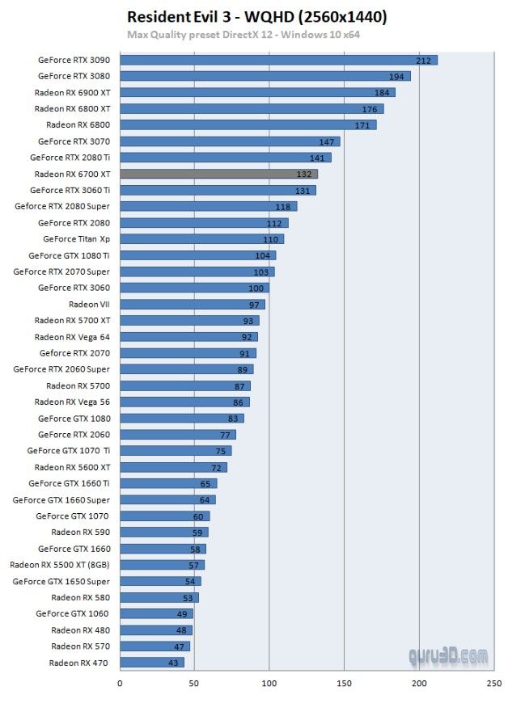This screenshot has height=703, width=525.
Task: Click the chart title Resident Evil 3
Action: point(257,17)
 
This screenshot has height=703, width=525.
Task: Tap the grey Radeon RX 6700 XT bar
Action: point(218,174)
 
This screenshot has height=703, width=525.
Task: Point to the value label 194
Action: point(396,76)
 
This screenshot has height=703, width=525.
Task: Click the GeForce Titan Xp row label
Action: point(76,239)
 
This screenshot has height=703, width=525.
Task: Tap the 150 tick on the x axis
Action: point(344,684)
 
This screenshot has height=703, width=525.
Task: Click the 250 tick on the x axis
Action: point(493,684)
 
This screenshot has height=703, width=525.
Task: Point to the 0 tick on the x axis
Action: point(120,684)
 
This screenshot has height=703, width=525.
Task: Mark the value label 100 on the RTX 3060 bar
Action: point(256,288)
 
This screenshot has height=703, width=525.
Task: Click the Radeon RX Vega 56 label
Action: point(72,402)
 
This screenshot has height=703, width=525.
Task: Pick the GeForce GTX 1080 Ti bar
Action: point(198,255)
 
